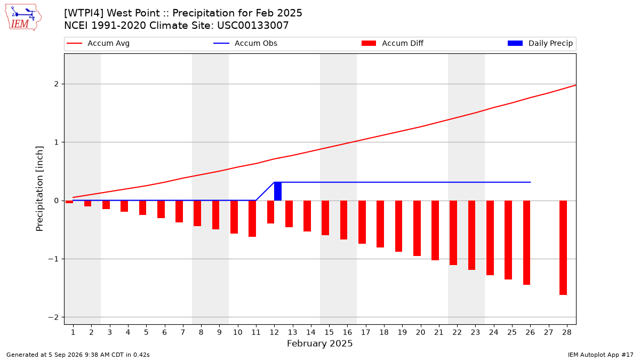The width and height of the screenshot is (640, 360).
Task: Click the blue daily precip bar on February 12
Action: point(278,191)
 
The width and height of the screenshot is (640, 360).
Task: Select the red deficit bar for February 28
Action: point(563,247)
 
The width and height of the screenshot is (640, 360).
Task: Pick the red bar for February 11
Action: point(252,219)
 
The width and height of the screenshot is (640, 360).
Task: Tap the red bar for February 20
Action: point(417,228)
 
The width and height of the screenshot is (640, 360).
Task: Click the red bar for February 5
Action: point(142,207)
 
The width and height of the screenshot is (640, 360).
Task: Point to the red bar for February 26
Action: point(526,243)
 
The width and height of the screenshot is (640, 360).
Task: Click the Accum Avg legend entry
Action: point(98,43)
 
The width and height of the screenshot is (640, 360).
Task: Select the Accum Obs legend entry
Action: point(245,43)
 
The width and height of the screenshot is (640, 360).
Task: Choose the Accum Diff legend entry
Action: point(393,43)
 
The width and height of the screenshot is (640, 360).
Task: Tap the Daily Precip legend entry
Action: point(540,43)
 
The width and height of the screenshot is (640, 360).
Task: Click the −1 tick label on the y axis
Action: point(53,259)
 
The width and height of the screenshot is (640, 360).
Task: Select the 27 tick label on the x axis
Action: point(548,332)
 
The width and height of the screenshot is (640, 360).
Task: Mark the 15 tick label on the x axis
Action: point(329,332)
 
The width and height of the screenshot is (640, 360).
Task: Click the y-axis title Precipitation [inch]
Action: point(39,189)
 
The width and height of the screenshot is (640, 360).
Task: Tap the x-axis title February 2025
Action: point(319,343)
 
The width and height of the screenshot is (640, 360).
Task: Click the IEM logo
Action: point(23,18)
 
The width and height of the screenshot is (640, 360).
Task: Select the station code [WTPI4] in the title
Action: point(83,13)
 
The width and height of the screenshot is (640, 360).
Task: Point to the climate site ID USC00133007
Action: point(253,26)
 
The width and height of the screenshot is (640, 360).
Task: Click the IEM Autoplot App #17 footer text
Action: point(601,355)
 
